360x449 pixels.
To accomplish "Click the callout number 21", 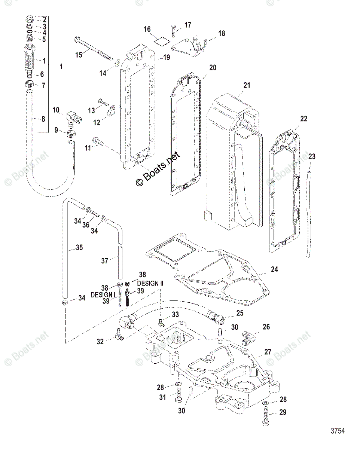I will tap(236, 86).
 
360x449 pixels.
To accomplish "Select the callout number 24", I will tap(274, 269).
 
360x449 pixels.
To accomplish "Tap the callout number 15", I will tap(79, 55).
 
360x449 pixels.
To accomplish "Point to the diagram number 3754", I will tap(337, 431).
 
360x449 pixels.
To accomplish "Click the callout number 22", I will tap(303, 118).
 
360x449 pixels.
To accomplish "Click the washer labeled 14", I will tap(116, 62).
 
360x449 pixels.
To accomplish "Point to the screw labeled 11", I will tap(98, 141).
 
